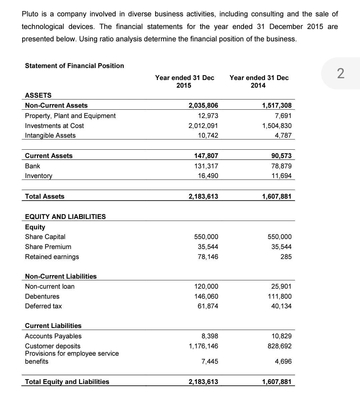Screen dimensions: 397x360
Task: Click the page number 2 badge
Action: pyautogui.click(x=340, y=73)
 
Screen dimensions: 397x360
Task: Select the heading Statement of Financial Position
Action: pyautogui.click(x=74, y=66)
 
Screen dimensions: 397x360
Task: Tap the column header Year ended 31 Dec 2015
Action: pyautogui.click(x=184, y=81)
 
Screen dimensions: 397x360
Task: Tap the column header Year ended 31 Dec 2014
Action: pyautogui.click(x=259, y=81)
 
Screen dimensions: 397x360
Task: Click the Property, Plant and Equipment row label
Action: pyautogui.click(x=70, y=116)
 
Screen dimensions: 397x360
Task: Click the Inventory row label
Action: pyautogui.click(x=39, y=176)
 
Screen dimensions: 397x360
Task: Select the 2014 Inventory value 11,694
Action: pyautogui.click(x=282, y=176)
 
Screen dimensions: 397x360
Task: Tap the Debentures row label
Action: pyautogui.click(x=42, y=296)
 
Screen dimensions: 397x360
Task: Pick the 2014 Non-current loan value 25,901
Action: pyautogui.click(x=281, y=286)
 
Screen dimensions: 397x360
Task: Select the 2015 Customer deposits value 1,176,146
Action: pyautogui.click(x=203, y=346)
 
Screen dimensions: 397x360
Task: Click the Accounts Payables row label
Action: pyautogui.click(x=53, y=336)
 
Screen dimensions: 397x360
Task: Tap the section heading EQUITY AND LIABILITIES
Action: pyautogui.click(x=65, y=217)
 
